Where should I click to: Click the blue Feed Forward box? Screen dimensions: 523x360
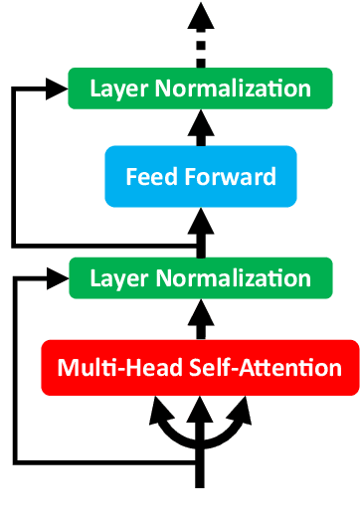coord(201,178)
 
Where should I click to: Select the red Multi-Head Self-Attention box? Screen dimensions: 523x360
coord(200,367)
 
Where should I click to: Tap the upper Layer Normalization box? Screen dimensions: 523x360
coord(200,88)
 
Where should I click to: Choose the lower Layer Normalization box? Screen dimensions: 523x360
coord(200,277)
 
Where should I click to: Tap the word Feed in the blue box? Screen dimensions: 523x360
coord(147,178)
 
